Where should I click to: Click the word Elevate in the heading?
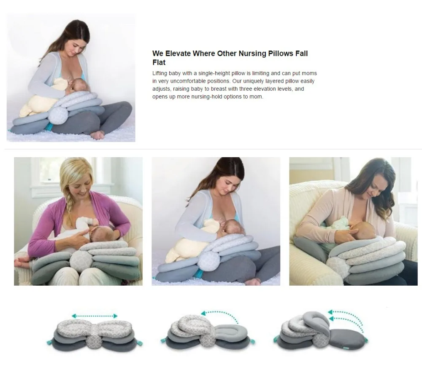pos(177,54)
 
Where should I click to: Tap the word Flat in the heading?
pos(159,62)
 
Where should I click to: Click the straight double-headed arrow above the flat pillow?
pos(94,315)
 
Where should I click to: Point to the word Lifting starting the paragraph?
pos(160,73)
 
